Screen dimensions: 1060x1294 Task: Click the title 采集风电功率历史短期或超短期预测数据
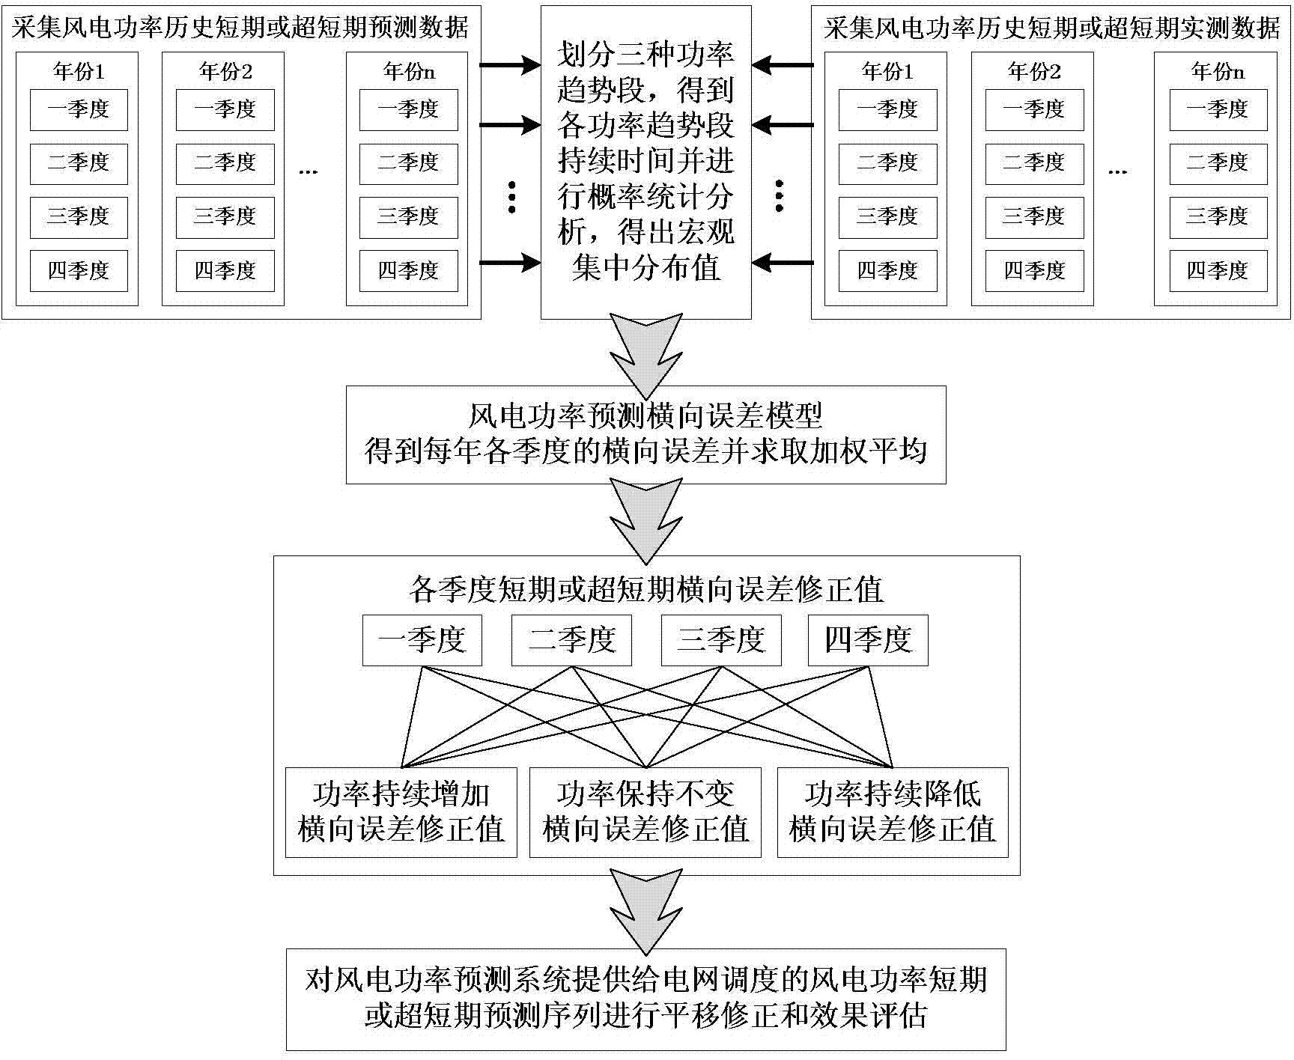[240, 28]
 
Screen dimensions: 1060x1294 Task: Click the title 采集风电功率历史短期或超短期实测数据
[1051, 28]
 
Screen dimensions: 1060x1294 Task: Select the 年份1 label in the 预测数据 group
[79, 72]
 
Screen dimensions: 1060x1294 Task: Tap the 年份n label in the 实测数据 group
[1218, 72]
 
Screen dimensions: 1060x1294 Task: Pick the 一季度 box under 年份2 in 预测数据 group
[225, 110]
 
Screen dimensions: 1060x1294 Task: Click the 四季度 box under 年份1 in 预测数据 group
[79, 270]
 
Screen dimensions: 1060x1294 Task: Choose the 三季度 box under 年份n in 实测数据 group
[1218, 217]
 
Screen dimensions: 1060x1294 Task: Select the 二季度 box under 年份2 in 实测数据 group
[1034, 163]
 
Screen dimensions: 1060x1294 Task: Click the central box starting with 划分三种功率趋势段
[646, 162]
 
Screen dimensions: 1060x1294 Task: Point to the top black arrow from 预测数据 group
[509, 66]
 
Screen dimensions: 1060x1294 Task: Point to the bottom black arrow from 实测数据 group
[783, 263]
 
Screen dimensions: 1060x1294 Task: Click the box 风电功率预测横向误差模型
[646, 434]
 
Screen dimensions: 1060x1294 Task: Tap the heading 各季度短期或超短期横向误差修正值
[646, 590]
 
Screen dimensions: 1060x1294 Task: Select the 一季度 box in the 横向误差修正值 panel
[422, 641]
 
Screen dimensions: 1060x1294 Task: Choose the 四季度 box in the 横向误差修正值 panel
[868, 641]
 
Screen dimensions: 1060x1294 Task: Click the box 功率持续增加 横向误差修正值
[401, 812]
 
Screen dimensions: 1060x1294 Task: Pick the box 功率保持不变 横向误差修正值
[646, 812]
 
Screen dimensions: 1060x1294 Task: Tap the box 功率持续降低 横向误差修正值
[893, 812]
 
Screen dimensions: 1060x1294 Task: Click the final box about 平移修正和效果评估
[646, 999]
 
